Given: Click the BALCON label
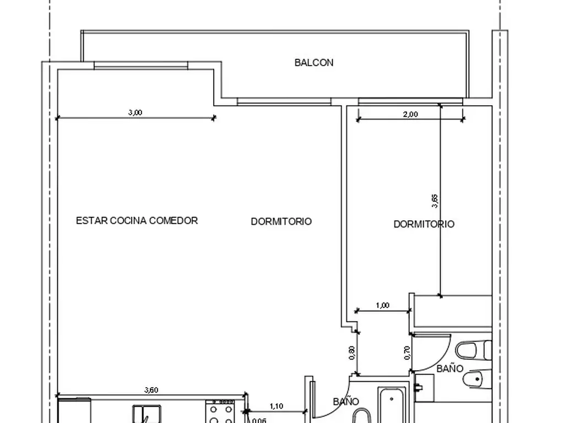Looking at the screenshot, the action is pyautogui.click(x=314, y=63).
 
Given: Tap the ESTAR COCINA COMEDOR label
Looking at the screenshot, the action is pyautogui.click(x=137, y=220).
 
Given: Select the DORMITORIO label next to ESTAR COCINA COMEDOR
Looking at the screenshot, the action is pyautogui.click(x=281, y=221).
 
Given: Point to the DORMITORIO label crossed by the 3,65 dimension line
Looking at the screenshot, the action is pyautogui.click(x=424, y=224).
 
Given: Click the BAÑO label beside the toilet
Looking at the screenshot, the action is pyautogui.click(x=449, y=368).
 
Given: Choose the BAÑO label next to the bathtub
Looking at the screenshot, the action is pyautogui.click(x=346, y=402).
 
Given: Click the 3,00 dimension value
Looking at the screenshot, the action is pyautogui.click(x=135, y=112).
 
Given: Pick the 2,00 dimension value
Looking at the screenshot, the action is pyautogui.click(x=410, y=115).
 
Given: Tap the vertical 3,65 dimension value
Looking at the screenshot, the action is pyautogui.click(x=435, y=201).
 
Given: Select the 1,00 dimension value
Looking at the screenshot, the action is pyautogui.click(x=383, y=305).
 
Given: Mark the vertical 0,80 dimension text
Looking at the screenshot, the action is pyautogui.click(x=352, y=353).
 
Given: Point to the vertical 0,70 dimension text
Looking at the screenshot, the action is pyautogui.click(x=407, y=353).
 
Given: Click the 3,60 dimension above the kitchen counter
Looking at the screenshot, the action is pyautogui.click(x=151, y=390).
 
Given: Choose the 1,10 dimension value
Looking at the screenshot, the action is pyautogui.click(x=276, y=406).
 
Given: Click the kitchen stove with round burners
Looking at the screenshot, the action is pyautogui.click(x=220, y=411).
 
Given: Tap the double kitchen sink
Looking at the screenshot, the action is pyautogui.click(x=147, y=414).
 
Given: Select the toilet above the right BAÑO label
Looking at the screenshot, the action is pyautogui.click(x=473, y=350).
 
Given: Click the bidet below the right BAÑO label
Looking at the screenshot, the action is pyautogui.click(x=477, y=379).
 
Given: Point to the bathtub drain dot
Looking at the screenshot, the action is pyautogui.click(x=392, y=399).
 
